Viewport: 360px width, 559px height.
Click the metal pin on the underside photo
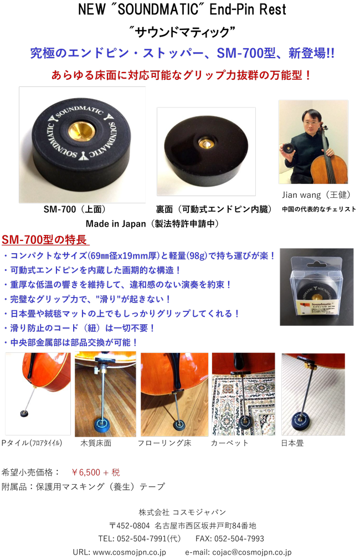coord(207,143)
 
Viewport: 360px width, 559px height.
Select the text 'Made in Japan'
coord(116,224)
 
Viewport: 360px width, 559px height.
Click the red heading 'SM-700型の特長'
coord(44,239)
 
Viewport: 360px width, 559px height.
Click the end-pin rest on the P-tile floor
coord(24,413)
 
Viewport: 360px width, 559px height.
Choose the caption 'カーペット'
coord(229,443)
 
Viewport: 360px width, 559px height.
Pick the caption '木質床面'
coord(96,443)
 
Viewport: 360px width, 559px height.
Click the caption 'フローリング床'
coord(164,443)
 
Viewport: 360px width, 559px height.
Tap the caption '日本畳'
coord(292,443)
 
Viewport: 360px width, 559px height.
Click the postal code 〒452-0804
coord(130,526)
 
